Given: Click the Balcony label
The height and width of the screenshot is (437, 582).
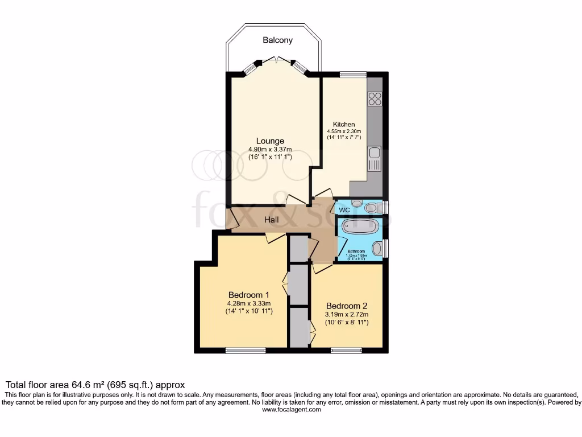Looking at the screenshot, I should (x=277, y=40).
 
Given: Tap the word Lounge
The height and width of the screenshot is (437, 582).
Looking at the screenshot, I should (x=270, y=141).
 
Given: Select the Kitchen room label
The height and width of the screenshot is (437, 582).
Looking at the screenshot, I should (x=344, y=125).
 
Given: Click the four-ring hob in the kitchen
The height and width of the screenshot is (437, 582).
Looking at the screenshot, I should (x=375, y=99).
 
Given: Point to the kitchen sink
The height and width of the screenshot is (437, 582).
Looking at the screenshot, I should (x=374, y=159).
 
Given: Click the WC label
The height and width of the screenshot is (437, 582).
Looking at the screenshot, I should (x=344, y=211).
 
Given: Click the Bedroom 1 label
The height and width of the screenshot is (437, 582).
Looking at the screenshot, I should (x=249, y=295).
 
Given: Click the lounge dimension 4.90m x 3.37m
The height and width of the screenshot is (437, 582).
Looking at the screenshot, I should (x=270, y=150).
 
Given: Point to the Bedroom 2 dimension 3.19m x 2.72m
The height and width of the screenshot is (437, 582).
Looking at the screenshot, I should (x=347, y=315).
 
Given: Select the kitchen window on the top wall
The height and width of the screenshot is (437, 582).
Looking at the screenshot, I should (x=353, y=74).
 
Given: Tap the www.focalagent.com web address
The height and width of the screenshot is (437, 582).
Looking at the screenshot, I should (x=291, y=410).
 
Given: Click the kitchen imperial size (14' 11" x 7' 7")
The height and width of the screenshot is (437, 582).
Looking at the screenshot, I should (x=344, y=138).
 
